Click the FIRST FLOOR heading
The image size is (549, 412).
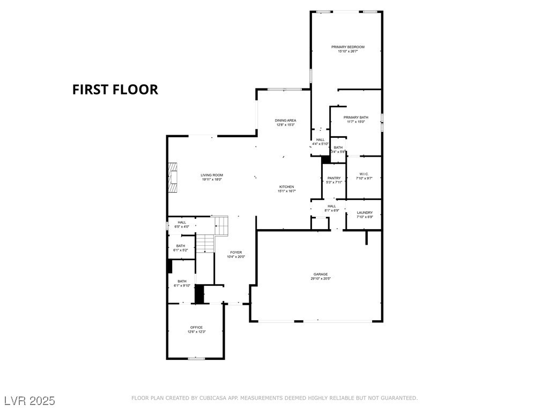115,90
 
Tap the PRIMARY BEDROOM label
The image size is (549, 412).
347,47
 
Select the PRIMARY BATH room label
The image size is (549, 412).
355,117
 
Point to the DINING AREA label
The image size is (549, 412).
285,120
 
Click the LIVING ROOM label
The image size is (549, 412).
212,175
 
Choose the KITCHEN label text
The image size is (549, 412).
286,187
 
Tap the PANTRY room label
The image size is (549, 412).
334,178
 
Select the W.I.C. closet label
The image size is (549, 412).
364,174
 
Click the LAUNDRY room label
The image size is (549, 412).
365,212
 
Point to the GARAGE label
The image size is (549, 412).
321,274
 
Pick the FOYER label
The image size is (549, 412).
236,252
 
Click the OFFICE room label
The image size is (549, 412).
196,327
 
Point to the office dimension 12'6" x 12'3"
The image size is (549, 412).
196,332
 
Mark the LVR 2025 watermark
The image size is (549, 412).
30,401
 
